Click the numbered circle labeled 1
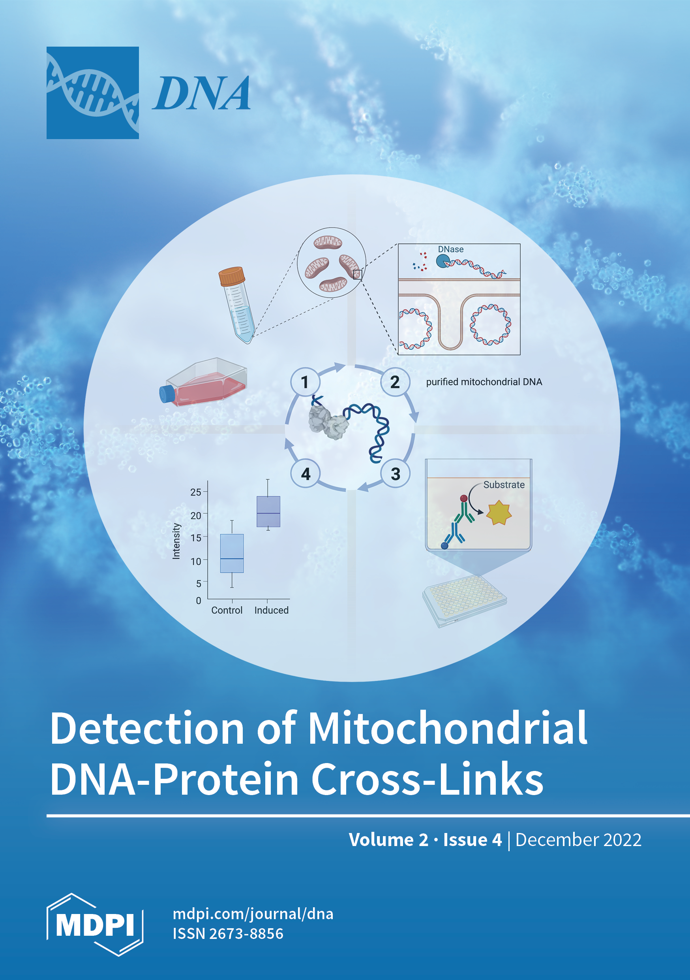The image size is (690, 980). point(304,382)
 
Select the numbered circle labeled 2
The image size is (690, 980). point(395,382)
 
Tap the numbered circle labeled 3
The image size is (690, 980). point(395,474)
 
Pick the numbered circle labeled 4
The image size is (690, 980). point(306,474)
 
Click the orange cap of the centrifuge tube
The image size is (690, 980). point(232,276)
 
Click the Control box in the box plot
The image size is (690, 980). point(232,553)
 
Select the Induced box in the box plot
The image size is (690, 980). point(268,511)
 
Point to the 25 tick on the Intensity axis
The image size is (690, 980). point(196,492)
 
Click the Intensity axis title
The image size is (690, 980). point(176,541)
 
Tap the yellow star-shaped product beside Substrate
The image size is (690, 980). point(499,513)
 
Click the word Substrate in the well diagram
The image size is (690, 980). point(504,485)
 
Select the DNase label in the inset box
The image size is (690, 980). point(450,249)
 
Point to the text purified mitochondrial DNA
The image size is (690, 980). point(484,382)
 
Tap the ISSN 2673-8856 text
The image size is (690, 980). point(228,934)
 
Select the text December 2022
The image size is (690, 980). point(578,840)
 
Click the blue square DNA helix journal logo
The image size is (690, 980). point(92,92)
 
